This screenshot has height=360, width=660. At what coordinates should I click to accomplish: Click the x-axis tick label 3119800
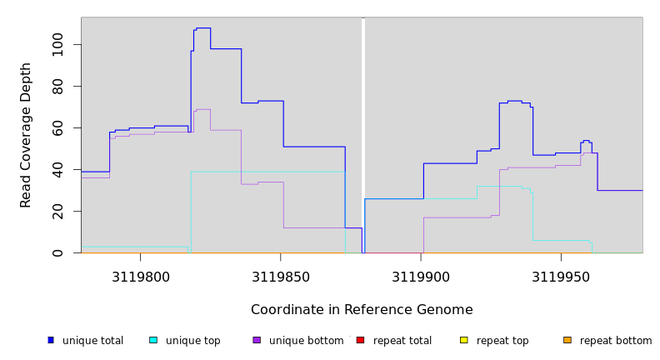point(140,277)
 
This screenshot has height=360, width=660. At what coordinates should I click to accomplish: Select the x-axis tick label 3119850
point(281,277)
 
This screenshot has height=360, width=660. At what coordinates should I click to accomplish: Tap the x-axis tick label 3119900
point(421,277)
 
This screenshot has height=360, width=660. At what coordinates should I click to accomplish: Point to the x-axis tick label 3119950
point(561,277)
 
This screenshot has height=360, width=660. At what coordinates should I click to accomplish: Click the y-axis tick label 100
point(57,44)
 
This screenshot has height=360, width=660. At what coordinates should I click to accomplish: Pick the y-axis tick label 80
point(57,86)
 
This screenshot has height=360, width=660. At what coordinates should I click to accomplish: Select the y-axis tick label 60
point(57,127)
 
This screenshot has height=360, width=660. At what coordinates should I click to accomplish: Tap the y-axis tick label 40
point(57,169)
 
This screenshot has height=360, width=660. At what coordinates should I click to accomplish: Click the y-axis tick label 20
point(57,211)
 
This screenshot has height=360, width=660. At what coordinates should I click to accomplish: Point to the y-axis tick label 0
point(57,252)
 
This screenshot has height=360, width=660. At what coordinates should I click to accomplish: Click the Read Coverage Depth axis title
point(27,135)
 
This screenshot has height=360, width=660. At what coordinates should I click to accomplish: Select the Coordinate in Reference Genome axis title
point(362,310)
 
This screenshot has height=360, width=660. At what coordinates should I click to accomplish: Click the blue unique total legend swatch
point(51,340)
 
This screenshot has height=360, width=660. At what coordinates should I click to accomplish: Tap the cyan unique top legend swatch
point(153,340)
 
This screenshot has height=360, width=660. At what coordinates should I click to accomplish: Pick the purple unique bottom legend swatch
point(257,340)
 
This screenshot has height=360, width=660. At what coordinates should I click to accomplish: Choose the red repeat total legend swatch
point(360,340)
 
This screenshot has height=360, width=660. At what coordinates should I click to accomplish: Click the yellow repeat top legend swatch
point(463,340)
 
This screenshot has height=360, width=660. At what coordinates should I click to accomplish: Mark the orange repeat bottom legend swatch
point(567,340)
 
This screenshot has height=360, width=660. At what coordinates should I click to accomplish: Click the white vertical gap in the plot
point(363,133)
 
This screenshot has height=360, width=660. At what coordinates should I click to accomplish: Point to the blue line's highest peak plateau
point(202,28)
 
